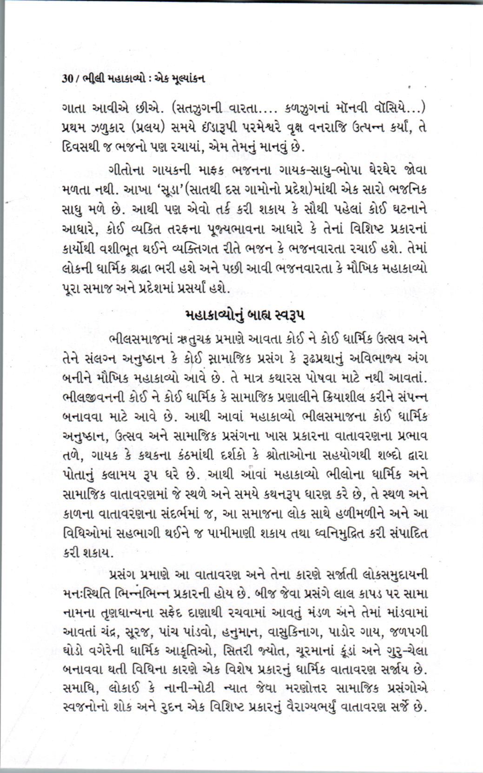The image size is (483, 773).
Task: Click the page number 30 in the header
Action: coord(67,79)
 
